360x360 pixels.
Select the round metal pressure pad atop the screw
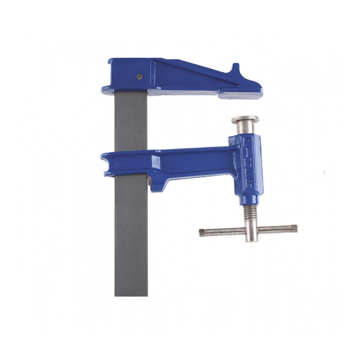pos(245,120)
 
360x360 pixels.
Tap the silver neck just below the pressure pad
pos(245,129)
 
